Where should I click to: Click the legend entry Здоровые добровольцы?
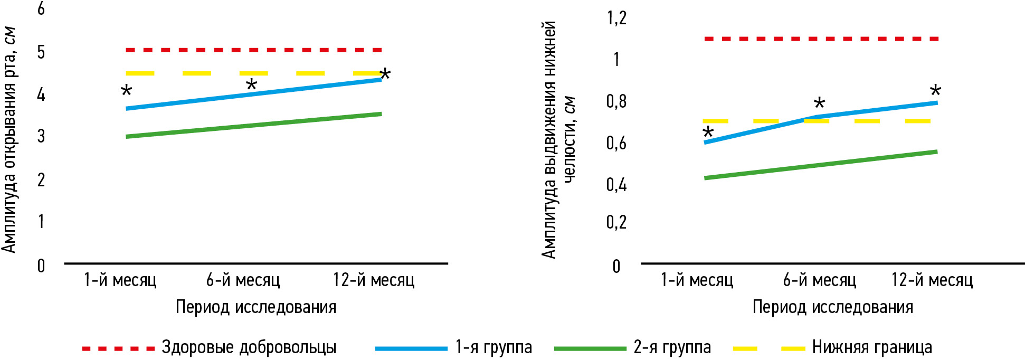(249, 347)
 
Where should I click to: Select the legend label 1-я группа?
(493, 347)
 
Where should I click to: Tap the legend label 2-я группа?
(672, 347)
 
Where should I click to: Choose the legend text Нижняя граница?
(872, 347)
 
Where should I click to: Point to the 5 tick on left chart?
(41, 52)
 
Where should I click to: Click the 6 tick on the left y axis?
(41, 9)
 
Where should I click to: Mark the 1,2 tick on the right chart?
(616, 18)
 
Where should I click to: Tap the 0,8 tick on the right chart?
(616, 101)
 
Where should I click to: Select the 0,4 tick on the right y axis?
(616, 184)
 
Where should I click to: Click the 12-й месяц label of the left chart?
(374, 280)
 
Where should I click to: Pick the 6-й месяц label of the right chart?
(819, 280)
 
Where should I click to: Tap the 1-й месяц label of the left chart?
(120, 280)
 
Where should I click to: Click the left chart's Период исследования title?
(256, 307)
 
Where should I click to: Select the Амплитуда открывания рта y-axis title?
(9, 140)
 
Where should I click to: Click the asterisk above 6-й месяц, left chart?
(252, 84)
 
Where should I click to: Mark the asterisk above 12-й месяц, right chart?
(935, 91)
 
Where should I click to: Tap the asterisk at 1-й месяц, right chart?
(708, 132)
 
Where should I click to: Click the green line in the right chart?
(821, 165)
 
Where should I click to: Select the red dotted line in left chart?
(254, 50)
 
